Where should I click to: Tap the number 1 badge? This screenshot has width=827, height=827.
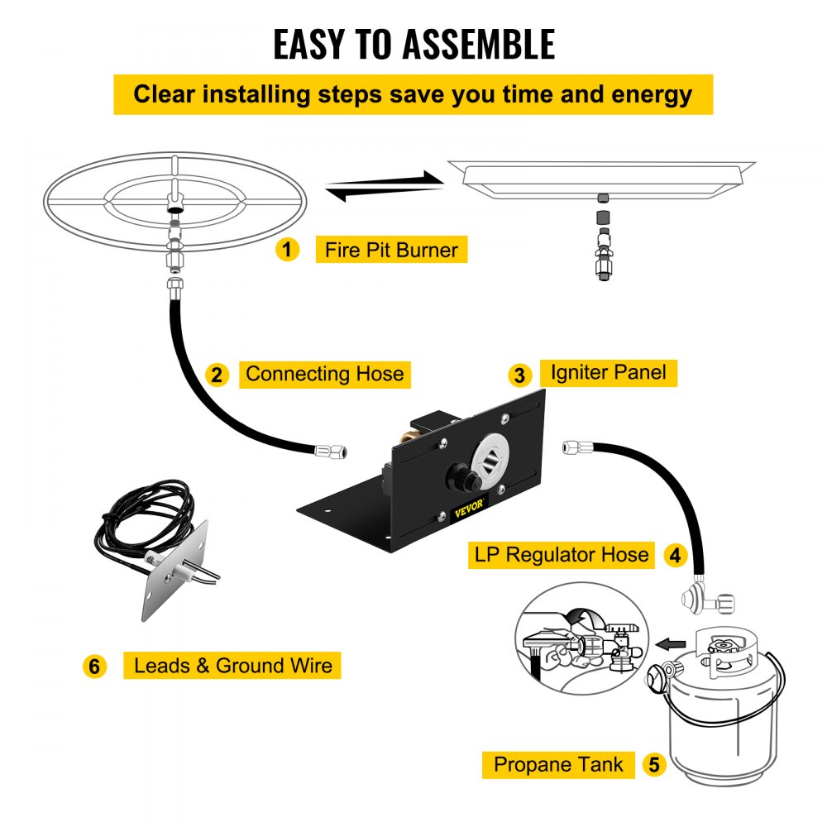(x=287, y=249)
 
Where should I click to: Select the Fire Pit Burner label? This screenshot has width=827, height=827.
(x=391, y=250)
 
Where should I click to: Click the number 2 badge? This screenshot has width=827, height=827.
(x=217, y=375)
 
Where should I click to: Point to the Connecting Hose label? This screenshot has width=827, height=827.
(x=325, y=374)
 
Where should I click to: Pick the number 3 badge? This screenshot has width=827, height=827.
(x=519, y=375)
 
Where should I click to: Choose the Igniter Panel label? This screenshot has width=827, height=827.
(x=608, y=372)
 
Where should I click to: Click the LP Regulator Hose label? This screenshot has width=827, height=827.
(x=561, y=554)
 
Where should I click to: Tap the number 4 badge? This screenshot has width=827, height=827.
(x=676, y=555)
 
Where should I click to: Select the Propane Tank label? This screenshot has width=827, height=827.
(x=559, y=764)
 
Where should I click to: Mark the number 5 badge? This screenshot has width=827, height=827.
(x=654, y=764)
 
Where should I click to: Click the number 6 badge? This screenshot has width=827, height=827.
(x=96, y=666)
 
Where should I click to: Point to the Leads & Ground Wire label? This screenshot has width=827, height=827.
(x=232, y=665)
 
